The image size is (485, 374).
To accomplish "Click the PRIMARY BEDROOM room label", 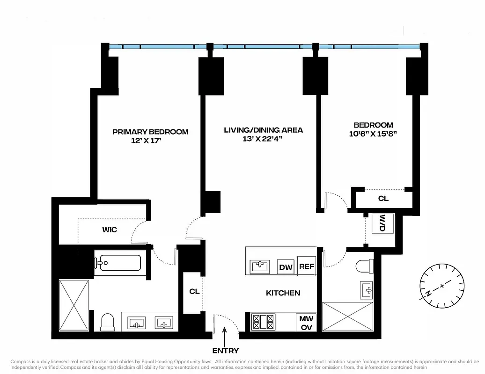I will coord(150,132).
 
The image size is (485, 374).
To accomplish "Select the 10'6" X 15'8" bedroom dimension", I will coord(373,134).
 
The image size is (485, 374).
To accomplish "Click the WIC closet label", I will coord(110,230).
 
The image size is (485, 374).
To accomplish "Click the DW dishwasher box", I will coord(286,267).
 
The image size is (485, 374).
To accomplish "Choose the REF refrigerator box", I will coord(307,266).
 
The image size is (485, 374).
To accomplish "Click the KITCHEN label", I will coord(283,293).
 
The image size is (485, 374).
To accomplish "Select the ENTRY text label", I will coord(225,351).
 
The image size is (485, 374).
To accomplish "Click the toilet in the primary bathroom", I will coord(108,322).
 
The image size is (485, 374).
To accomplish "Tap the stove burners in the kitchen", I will coord(263,322).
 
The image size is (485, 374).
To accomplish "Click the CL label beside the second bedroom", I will coord(383,198).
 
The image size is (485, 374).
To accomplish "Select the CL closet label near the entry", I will coord(194,291).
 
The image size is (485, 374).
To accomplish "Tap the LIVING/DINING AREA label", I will coord(263,130).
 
